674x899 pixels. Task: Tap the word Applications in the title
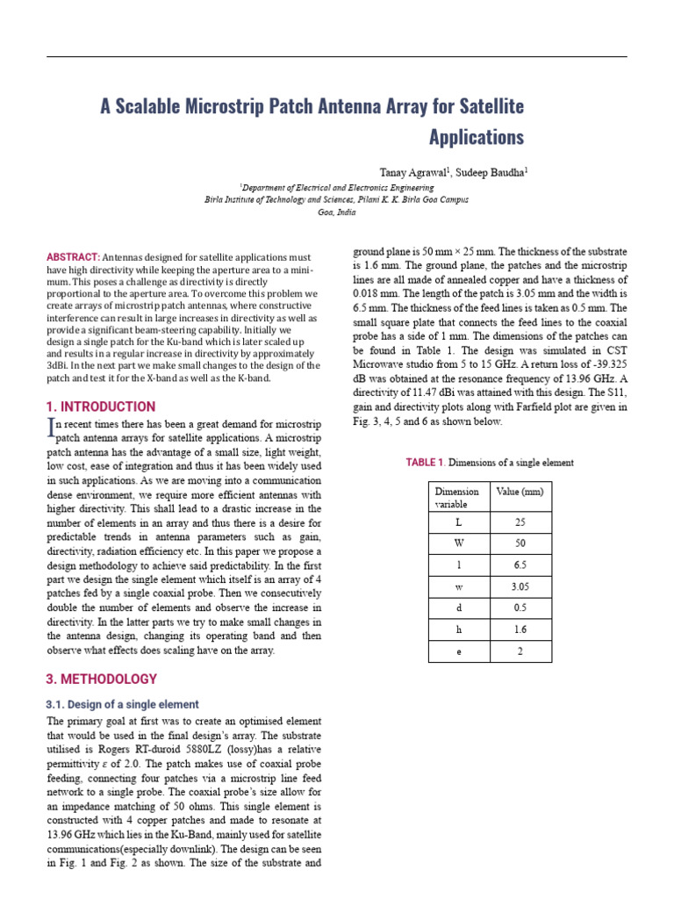pos(476,138)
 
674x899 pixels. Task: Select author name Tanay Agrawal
pos(413,172)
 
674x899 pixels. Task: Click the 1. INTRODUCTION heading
pos(101,406)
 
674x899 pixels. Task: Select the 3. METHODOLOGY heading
pos(102,679)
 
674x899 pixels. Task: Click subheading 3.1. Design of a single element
pos(122,704)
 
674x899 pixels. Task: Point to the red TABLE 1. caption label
pos(426,463)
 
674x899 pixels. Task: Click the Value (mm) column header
pos(520,492)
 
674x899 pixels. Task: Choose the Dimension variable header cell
pos(457,498)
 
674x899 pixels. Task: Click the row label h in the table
pos(457,630)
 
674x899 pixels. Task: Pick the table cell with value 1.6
pos(520,630)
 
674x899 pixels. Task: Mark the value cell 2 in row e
pos(520,651)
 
